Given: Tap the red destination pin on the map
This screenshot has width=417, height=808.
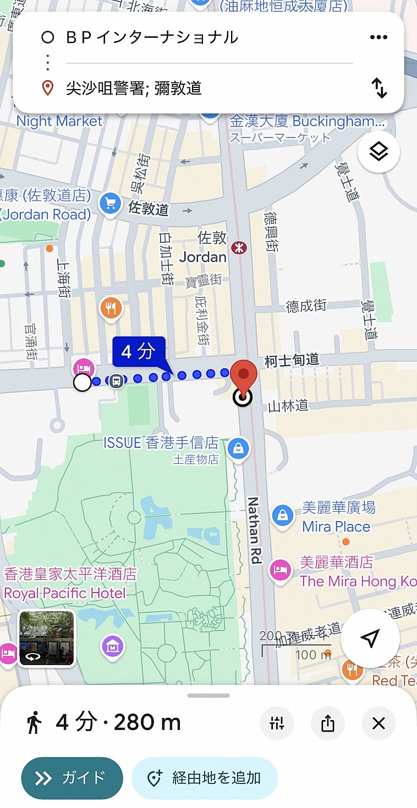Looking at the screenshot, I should [243, 375].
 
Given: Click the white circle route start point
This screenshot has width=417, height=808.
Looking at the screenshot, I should [83, 383].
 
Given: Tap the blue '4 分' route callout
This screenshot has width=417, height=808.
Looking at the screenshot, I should [139, 351].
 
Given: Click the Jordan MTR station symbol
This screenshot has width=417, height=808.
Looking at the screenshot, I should [239, 248].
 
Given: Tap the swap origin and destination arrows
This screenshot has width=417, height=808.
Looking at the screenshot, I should [379, 88].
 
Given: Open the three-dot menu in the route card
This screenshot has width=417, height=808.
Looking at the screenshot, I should [378, 37].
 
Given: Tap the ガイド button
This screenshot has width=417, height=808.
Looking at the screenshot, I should [72, 778].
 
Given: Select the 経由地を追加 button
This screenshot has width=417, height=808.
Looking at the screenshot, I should [205, 778].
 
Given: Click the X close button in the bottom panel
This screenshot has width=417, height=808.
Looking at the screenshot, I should [378, 723].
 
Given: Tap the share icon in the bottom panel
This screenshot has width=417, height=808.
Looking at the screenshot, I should [327, 723].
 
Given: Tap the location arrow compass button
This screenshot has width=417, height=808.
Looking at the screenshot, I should [370, 638].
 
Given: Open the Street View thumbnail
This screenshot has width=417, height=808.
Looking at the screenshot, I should [47, 638].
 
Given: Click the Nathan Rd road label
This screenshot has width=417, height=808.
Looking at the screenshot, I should [254, 530].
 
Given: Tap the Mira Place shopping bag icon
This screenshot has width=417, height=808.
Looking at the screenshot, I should [283, 516].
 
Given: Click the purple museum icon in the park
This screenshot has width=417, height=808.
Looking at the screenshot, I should [113, 646].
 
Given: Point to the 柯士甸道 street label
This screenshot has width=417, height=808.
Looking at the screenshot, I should [292, 361].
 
